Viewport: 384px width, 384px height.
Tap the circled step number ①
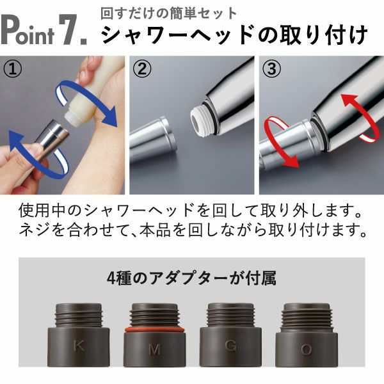tap(13, 68)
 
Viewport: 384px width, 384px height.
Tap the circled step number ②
tap(143, 68)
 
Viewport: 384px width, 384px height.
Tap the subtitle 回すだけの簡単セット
tap(169, 13)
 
